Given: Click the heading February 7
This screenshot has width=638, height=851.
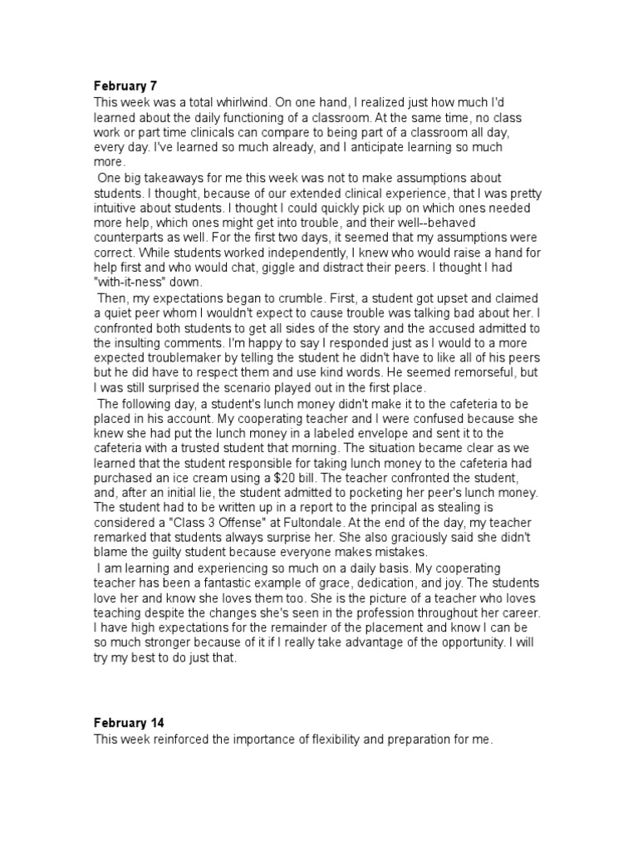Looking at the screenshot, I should (x=125, y=85).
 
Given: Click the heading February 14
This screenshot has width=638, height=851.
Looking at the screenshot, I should (x=129, y=724).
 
